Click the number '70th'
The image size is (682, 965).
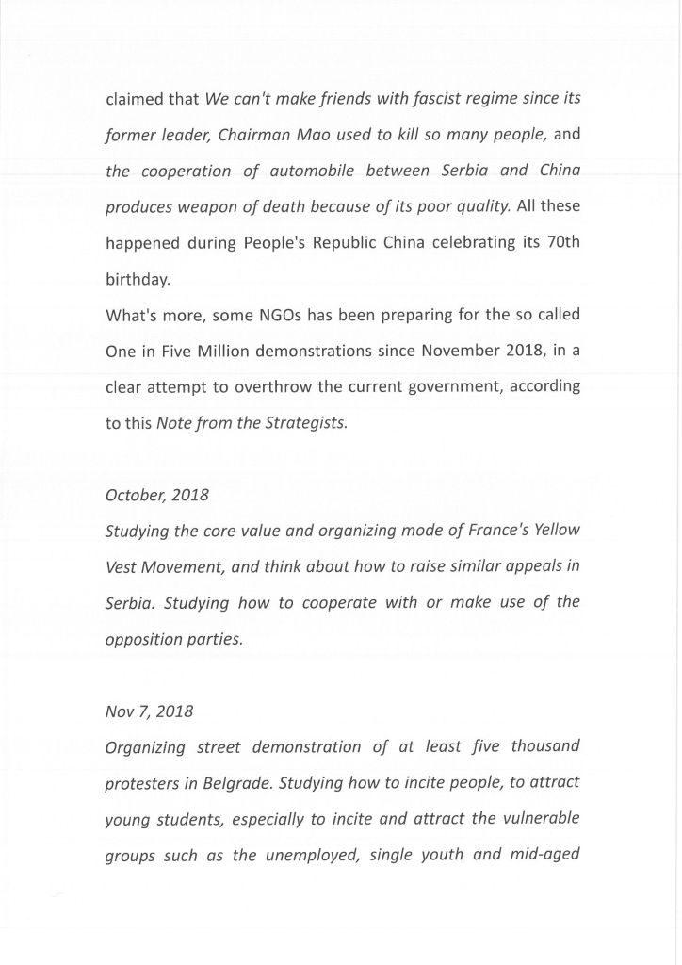tap(561, 242)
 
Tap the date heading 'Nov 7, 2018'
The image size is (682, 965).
tap(149, 711)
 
